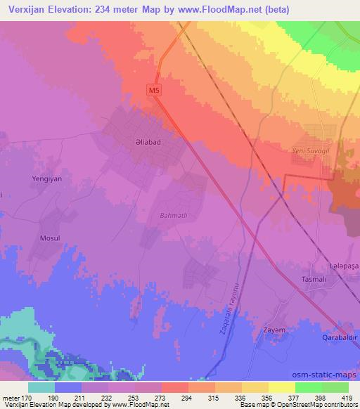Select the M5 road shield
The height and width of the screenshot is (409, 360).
click(155, 89)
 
